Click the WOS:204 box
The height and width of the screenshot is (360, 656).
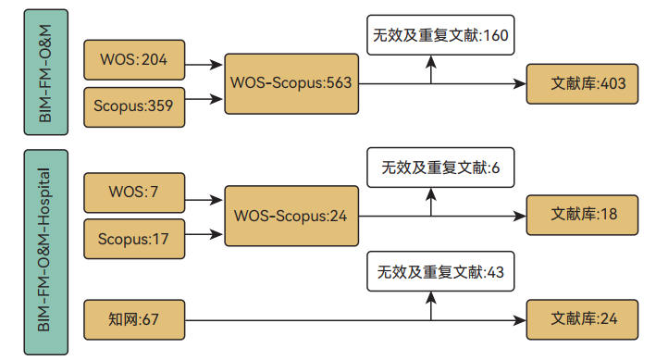134,60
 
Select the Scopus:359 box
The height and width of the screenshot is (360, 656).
134,106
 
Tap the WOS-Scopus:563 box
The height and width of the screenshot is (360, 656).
291,83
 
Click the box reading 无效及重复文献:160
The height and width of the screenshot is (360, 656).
440,36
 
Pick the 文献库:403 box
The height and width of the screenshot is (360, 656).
582,83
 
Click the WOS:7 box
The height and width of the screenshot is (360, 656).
134,192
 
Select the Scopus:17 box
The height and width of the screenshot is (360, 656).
134,239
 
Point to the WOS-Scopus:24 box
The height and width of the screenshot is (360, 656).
291,217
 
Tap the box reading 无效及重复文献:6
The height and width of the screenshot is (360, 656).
440,168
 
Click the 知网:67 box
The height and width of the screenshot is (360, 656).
134,320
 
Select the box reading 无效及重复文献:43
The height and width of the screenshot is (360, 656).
440,272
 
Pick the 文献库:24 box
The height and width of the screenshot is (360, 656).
582,320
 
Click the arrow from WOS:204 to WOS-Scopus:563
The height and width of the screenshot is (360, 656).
204,65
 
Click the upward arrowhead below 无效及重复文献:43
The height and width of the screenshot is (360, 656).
431,298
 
